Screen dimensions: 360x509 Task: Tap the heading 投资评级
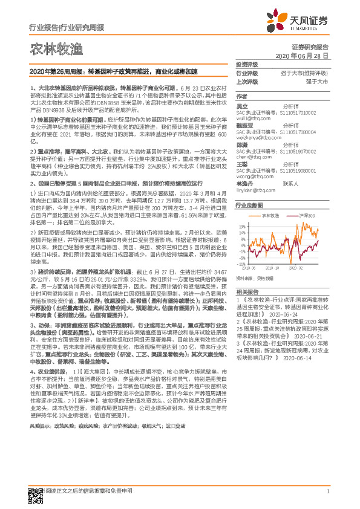246,65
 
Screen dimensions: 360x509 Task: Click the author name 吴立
242,106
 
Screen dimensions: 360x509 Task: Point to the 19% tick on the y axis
241,227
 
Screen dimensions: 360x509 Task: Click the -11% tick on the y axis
241,264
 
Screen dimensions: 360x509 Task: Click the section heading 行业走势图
247,206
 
